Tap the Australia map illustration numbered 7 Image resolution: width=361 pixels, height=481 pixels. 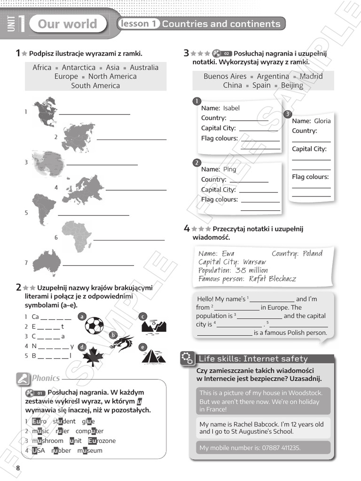click(47, 262)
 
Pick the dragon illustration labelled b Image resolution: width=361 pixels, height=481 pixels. click(122, 344)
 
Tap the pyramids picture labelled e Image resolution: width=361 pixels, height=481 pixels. click(154, 357)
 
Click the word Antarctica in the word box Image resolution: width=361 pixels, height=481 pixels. click(78, 68)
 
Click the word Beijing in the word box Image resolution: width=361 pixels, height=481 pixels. click(292, 85)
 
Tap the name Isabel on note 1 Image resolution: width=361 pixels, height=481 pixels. click(231, 108)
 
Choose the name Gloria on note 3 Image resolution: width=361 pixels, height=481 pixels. click(322, 121)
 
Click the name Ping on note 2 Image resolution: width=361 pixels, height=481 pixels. click(230, 169)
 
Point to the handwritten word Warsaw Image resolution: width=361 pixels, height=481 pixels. click(254, 262)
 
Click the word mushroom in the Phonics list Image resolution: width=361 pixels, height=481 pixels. click(47, 441)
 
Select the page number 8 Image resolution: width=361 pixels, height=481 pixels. click(18, 468)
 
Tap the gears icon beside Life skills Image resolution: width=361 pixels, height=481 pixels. click(187, 358)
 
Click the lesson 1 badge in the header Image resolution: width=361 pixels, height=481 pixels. click(139, 23)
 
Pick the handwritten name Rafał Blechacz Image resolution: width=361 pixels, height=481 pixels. click(273, 279)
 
